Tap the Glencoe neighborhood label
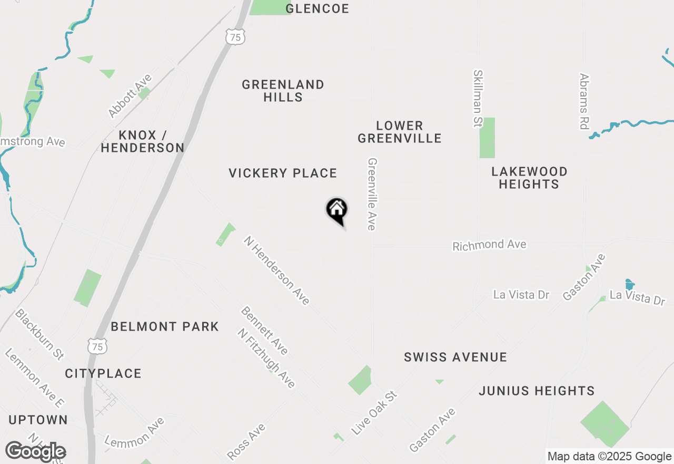(x=317, y=8)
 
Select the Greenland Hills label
(x=283, y=91)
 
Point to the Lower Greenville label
(x=400, y=132)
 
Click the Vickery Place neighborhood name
(x=283, y=173)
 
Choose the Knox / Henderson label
(x=143, y=141)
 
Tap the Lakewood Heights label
(x=529, y=178)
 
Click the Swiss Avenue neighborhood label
(x=455, y=357)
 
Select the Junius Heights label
(x=537, y=391)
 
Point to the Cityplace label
(x=103, y=373)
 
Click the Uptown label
(x=38, y=420)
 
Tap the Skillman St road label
(x=478, y=99)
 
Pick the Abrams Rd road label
(x=583, y=101)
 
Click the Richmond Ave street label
(x=489, y=245)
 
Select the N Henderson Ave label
(x=276, y=270)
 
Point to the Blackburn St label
(x=39, y=334)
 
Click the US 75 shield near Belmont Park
(x=97, y=346)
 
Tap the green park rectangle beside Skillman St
(x=487, y=138)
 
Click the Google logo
(x=36, y=452)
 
